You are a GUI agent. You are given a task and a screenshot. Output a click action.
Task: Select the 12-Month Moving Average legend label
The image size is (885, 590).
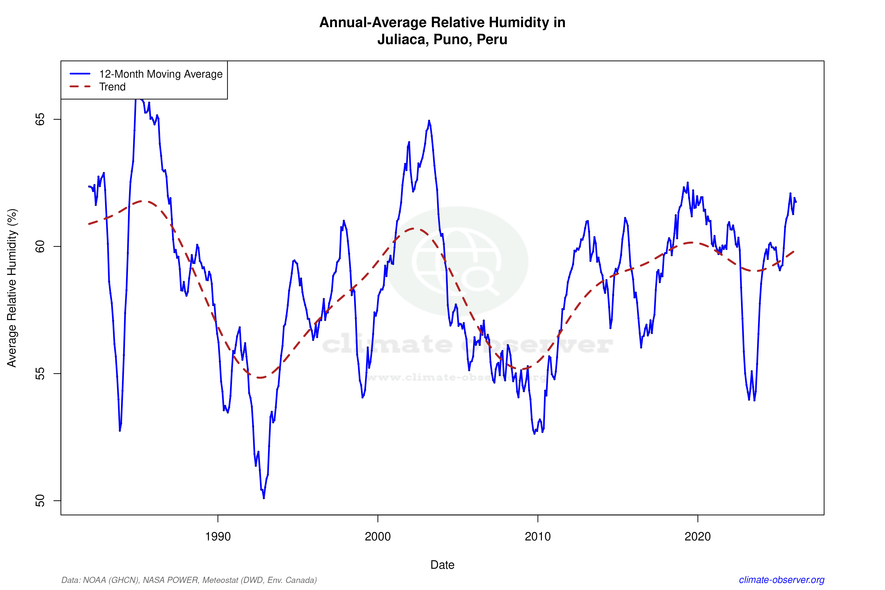tap(161, 74)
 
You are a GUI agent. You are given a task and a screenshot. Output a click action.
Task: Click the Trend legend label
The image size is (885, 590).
tap(112, 87)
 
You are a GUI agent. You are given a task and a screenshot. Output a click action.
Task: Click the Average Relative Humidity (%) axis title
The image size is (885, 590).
tap(12, 288)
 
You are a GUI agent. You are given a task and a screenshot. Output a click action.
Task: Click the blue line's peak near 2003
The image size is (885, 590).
tap(429, 121)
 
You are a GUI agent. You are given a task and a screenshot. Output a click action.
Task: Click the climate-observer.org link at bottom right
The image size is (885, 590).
tap(782, 580)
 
